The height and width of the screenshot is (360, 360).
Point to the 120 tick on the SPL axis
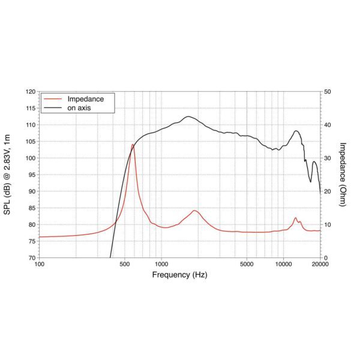click(x=30, y=92)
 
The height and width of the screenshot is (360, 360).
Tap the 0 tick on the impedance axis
click(x=325, y=258)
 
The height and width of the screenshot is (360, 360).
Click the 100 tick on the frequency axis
click(x=40, y=264)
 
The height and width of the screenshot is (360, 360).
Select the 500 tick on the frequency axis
click(x=124, y=264)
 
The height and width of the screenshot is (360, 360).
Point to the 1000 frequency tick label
click(x=161, y=264)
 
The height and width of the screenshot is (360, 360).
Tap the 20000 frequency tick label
click(x=320, y=264)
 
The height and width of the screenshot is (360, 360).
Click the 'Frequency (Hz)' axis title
click(x=179, y=275)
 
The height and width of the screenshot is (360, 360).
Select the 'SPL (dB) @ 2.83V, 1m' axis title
click(x=8, y=175)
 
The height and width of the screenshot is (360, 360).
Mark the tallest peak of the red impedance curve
click(x=133, y=145)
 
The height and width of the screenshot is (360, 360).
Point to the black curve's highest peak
click(x=188, y=116)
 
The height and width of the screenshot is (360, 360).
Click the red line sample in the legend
click(x=52, y=98)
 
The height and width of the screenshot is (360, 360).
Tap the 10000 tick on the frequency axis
click(x=283, y=264)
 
